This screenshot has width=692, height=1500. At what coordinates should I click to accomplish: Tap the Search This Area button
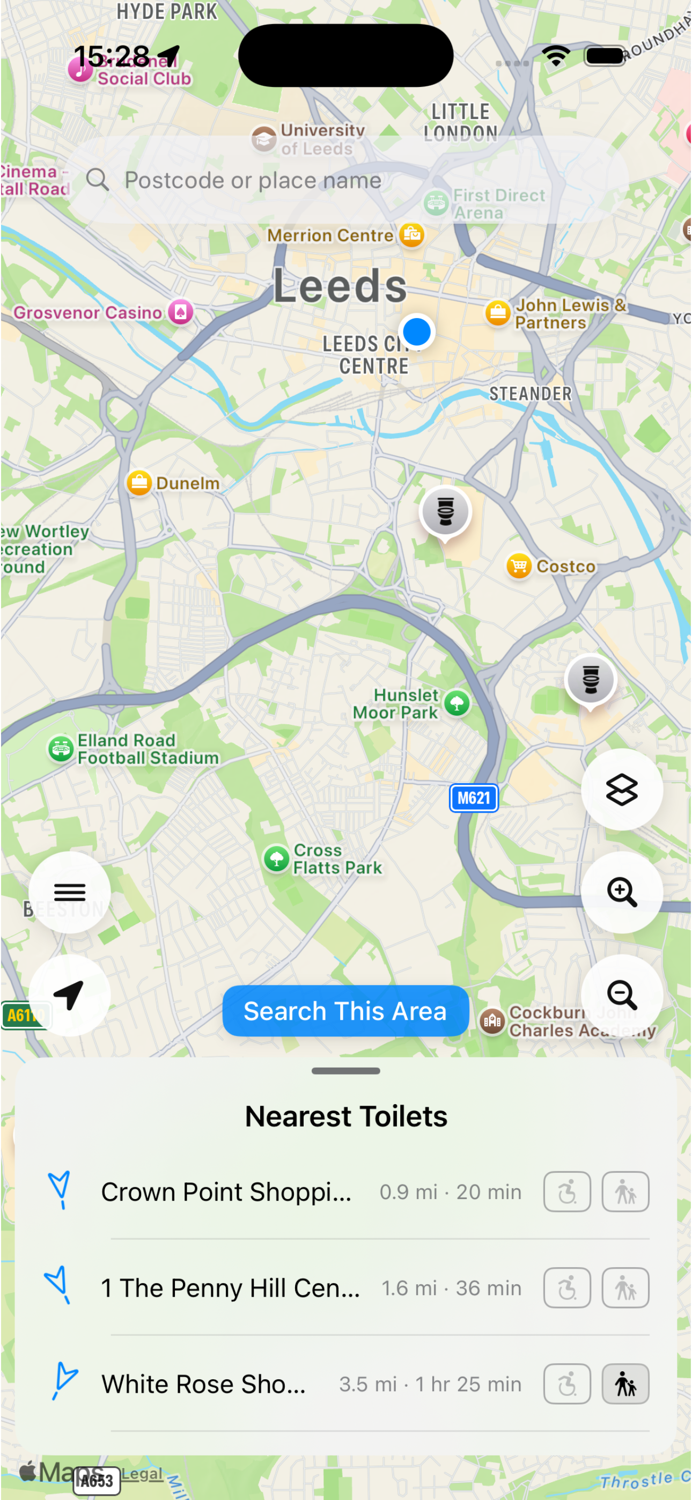point(345,1011)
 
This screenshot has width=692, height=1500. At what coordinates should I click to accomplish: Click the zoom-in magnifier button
point(622,892)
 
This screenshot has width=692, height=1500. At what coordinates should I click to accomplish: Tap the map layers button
point(622,790)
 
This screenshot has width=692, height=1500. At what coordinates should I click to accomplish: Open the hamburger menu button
point(69,892)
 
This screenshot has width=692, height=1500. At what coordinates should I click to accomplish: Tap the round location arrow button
point(69,995)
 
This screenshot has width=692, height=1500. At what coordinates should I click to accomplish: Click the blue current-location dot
point(416,332)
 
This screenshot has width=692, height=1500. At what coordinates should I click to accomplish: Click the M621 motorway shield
point(474,798)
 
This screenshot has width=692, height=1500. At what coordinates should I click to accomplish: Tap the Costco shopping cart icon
point(518,565)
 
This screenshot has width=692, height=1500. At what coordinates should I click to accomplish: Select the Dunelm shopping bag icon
point(139,483)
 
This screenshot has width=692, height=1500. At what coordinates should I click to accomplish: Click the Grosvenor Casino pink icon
point(181,312)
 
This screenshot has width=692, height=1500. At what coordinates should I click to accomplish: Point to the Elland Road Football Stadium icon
point(61,749)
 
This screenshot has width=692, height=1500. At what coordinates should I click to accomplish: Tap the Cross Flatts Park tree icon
point(277,858)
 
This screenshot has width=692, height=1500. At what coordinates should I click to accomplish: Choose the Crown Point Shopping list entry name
point(226,1192)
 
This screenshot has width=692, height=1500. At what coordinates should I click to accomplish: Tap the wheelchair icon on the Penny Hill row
point(567,1288)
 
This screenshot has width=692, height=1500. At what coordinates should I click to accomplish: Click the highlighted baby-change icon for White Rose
point(625,1384)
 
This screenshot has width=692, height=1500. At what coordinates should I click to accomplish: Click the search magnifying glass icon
point(97,180)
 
